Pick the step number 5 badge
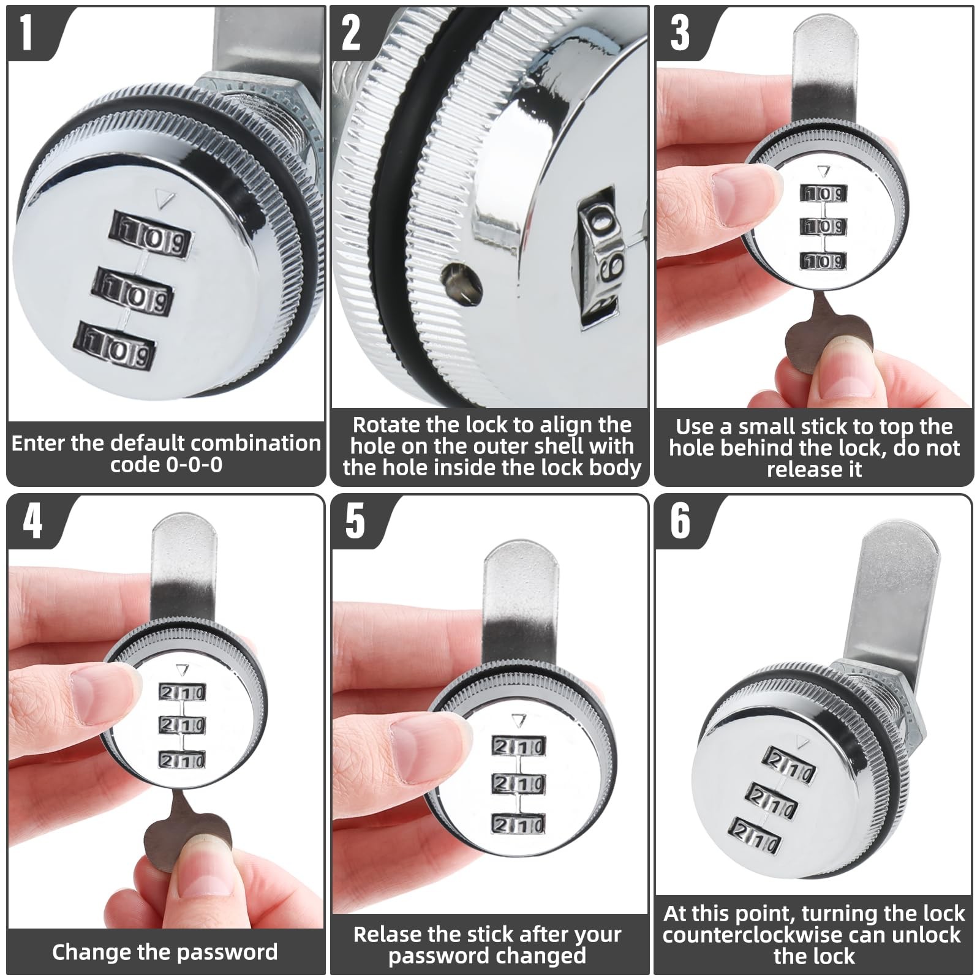355,521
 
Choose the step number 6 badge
680,521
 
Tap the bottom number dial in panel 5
518,824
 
